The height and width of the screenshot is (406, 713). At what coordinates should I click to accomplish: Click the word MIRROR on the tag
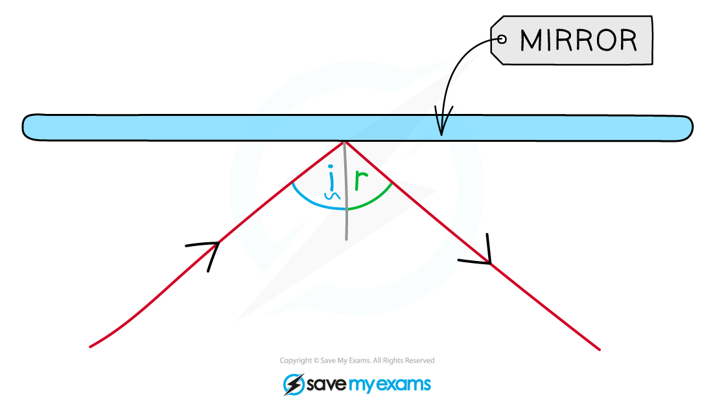tap(578, 40)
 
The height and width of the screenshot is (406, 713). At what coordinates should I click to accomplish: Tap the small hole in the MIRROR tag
tap(502, 39)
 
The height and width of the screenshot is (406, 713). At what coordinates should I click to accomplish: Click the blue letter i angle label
tap(331, 183)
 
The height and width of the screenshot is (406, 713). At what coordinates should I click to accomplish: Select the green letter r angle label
tap(361, 180)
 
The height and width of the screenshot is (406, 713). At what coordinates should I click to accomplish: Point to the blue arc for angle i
tap(314, 202)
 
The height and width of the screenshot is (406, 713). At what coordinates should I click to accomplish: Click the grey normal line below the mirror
tap(345, 191)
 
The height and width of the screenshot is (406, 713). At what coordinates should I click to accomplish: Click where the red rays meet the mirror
tap(345, 142)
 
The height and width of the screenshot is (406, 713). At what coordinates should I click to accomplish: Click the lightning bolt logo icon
tap(294, 384)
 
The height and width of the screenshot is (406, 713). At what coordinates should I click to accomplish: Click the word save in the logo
tap(327, 384)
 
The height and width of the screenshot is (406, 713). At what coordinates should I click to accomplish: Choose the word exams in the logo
tap(404, 384)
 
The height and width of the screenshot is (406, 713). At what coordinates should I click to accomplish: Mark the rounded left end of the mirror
tap(28, 127)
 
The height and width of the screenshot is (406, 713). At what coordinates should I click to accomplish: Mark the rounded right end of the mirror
tap(686, 128)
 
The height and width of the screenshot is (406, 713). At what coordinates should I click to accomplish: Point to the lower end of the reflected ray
tap(600, 349)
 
